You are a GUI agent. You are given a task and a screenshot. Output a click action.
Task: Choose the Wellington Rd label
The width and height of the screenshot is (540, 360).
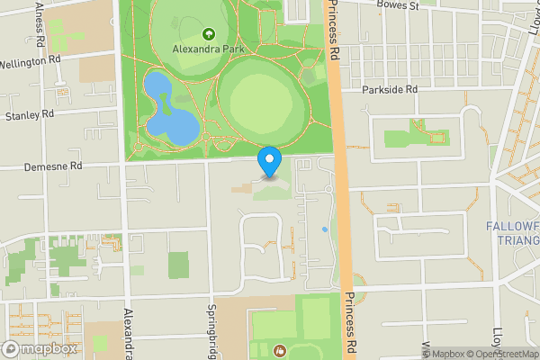click(x=29, y=60)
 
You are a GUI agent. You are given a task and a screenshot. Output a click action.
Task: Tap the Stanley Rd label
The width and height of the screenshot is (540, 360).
click(x=30, y=115)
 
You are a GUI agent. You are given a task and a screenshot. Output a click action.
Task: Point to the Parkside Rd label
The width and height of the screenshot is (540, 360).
click(x=391, y=90)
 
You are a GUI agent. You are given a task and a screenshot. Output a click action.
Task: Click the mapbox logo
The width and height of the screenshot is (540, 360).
click(x=40, y=348)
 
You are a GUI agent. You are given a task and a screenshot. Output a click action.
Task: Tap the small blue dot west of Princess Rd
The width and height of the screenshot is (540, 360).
click(x=325, y=229)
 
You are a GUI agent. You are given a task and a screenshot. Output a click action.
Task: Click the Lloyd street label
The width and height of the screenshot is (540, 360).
click(x=522, y=337)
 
